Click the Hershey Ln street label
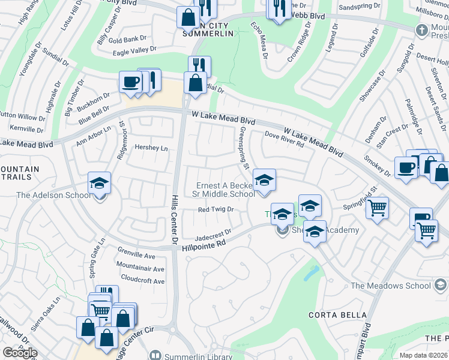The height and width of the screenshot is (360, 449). (x=151, y=148)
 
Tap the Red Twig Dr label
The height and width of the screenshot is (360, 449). (x=215, y=209)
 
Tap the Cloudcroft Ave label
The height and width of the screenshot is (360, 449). (x=142, y=281)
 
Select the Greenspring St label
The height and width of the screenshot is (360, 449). (x=244, y=148)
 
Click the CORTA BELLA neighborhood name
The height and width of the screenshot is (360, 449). (x=337, y=315)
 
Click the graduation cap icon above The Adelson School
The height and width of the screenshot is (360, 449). (x=100, y=182)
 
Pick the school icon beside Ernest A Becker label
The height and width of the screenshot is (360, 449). (x=264, y=179)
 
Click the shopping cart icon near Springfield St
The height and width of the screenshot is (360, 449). (x=378, y=208)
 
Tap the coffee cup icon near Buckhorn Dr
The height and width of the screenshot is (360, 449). (x=130, y=82)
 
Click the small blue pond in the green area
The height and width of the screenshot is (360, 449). (x=311, y=272)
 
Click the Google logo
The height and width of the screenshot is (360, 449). (x=20, y=353)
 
